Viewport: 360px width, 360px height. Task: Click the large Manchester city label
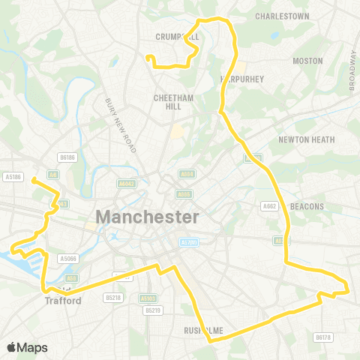click(x=147, y=217)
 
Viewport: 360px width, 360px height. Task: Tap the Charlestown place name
click(x=282, y=16)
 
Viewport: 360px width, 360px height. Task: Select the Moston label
click(x=307, y=61)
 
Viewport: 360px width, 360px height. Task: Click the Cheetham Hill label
click(x=173, y=102)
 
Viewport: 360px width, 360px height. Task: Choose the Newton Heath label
click(x=306, y=139)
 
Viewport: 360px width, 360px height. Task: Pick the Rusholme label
click(x=201, y=330)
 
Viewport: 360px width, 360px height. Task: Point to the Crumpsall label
click(x=177, y=36)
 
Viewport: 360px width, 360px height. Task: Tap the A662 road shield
click(x=270, y=205)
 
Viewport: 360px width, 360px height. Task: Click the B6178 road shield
click(x=323, y=337)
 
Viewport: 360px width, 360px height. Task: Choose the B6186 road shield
click(x=67, y=157)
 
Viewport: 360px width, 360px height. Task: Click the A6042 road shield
click(x=126, y=182)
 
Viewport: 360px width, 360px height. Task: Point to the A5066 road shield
click(x=68, y=259)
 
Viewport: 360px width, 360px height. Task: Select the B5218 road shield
click(x=113, y=298)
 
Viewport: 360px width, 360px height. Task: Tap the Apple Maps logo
click(x=27, y=347)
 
